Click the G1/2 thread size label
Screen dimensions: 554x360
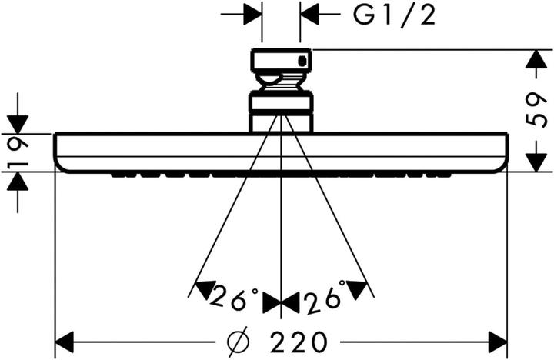point(394,15)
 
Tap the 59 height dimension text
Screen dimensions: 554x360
point(536,110)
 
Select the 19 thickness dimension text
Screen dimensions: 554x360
point(18,152)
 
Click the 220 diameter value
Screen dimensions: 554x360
point(299,342)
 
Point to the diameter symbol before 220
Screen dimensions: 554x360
point(239,342)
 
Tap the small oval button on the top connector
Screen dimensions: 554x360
point(302,62)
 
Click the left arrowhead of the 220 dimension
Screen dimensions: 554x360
point(65,342)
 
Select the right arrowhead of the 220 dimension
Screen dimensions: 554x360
point(498,342)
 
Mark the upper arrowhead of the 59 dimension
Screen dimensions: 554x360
point(536,59)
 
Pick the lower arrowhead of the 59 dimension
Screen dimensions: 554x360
point(536,162)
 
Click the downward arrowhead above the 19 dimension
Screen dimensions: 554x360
point(18,125)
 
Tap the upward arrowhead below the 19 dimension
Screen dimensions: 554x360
point(18,182)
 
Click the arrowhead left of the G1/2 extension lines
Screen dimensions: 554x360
point(252,14)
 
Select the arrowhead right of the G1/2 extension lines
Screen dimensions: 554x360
point(309,14)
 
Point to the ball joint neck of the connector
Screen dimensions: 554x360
point(282,82)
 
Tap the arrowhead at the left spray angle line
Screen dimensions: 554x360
point(204,289)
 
